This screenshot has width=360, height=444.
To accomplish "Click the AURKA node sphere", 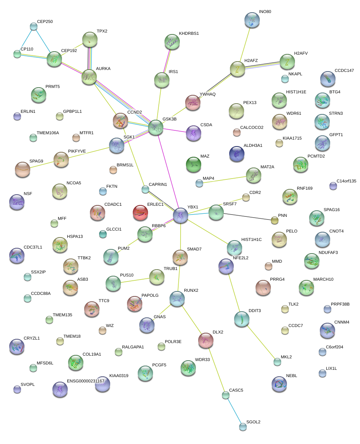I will click(89, 76).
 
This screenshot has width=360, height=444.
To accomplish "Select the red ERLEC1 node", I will click(140, 213).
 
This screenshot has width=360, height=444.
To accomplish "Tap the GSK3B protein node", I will click(156, 127).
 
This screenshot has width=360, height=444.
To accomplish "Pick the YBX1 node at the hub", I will click(181, 216).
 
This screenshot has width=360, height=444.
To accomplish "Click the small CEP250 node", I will click(34, 26).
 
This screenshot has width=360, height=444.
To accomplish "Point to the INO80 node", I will click(252, 20).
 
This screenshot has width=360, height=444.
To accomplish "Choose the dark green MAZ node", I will click(193, 164).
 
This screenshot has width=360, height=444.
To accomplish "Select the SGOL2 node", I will click(243, 426).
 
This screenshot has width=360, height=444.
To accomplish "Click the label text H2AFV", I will click(301, 53).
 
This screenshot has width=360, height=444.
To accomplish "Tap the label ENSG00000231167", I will click(85, 381).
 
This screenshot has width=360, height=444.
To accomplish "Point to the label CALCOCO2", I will click(252, 127).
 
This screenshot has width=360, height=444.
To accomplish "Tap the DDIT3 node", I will click(241, 319).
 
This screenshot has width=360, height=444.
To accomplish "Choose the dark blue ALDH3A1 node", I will click(236, 153).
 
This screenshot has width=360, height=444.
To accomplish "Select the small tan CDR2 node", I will click(246, 197).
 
